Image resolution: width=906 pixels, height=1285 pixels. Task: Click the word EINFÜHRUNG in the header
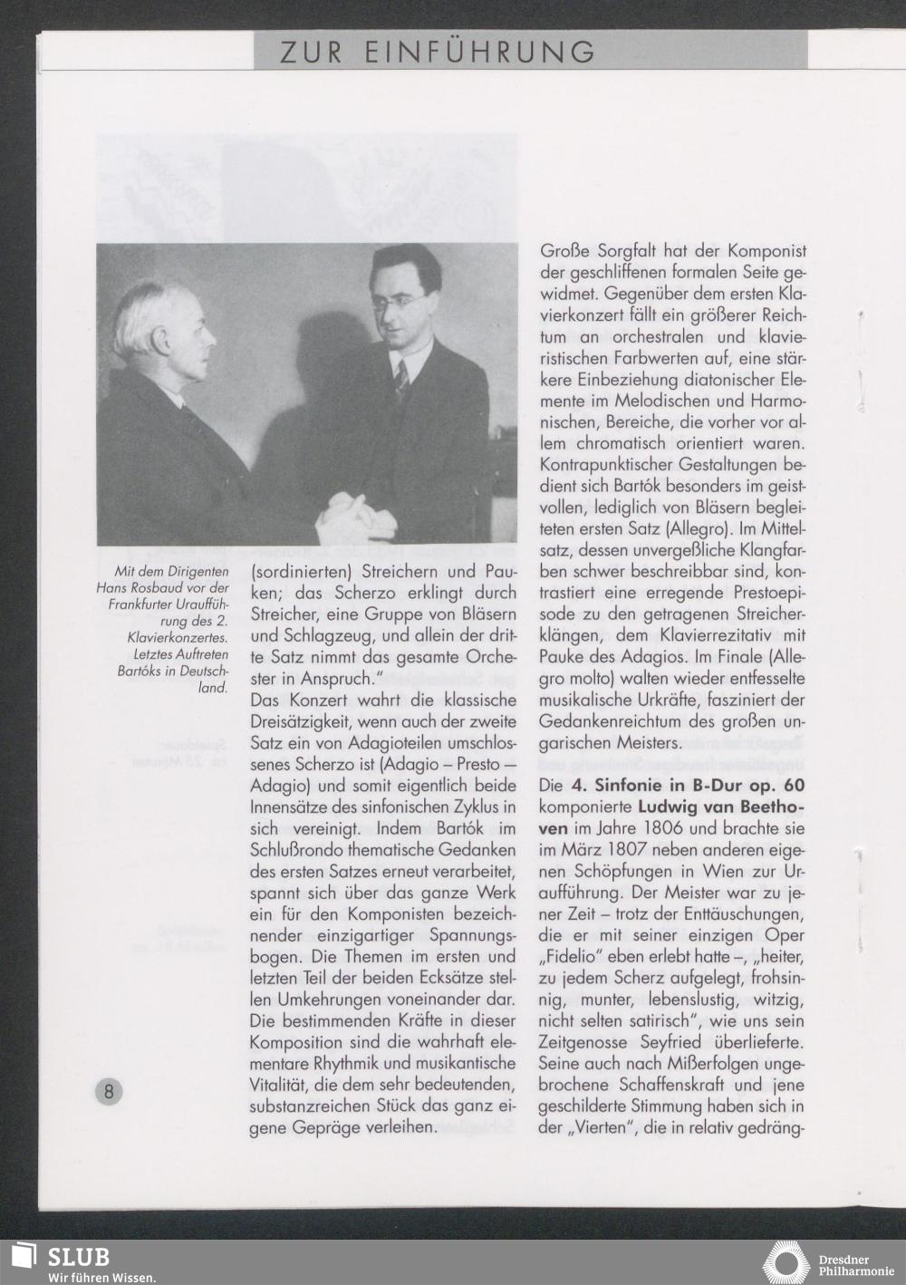(x=480, y=52)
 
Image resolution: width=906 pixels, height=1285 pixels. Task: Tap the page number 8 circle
(x=109, y=1090)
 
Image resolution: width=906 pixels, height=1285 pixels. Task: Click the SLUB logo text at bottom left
(x=79, y=1257)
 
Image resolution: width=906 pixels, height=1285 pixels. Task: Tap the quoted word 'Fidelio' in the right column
(x=573, y=958)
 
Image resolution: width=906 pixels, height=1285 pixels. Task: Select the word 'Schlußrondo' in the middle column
(x=295, y=850)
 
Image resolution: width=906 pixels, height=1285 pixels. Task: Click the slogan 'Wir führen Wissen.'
(x=102, y=1276)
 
